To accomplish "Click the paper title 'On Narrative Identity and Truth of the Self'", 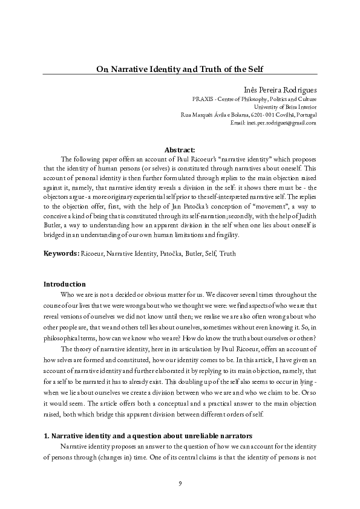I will pos(180,70).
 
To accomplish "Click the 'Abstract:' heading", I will pos(180,149).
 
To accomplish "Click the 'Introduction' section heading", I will pos(65,284).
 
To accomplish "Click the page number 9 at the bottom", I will pos(180,482).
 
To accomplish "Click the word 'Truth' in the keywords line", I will pos(227,254).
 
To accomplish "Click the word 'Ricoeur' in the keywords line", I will pos(94,254).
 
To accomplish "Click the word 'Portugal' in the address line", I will pos(305,115).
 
